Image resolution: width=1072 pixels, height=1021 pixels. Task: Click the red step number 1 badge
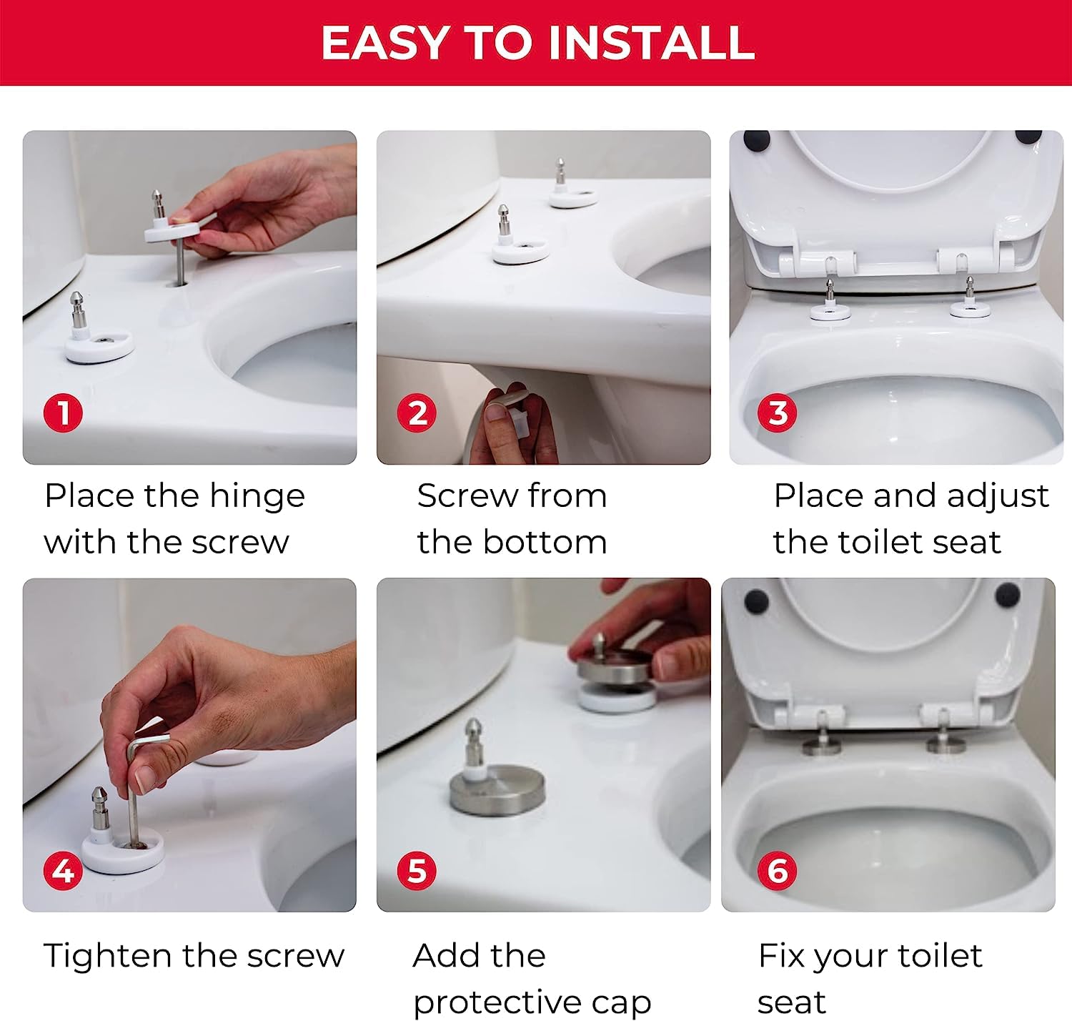(x=64, y=413)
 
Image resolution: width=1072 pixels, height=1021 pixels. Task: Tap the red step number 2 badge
(x=417, y=413)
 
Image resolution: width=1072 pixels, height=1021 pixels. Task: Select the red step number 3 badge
(x=778, y=413)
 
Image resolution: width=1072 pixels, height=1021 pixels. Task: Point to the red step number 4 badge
(x=64, y=871)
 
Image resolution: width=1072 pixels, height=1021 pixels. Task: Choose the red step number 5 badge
(x=417, y=871)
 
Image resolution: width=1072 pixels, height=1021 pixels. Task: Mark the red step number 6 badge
(x=778, y=871)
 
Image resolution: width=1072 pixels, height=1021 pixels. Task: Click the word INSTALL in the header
(x=652, y=43)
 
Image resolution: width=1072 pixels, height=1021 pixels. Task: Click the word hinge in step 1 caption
(x=257, y=498)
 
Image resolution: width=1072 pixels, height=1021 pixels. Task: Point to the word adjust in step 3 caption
(x=998, y=498)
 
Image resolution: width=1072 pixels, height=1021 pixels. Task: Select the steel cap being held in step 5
(x=616, y=666)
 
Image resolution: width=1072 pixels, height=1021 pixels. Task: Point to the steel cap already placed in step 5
(x=497, y=791)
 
